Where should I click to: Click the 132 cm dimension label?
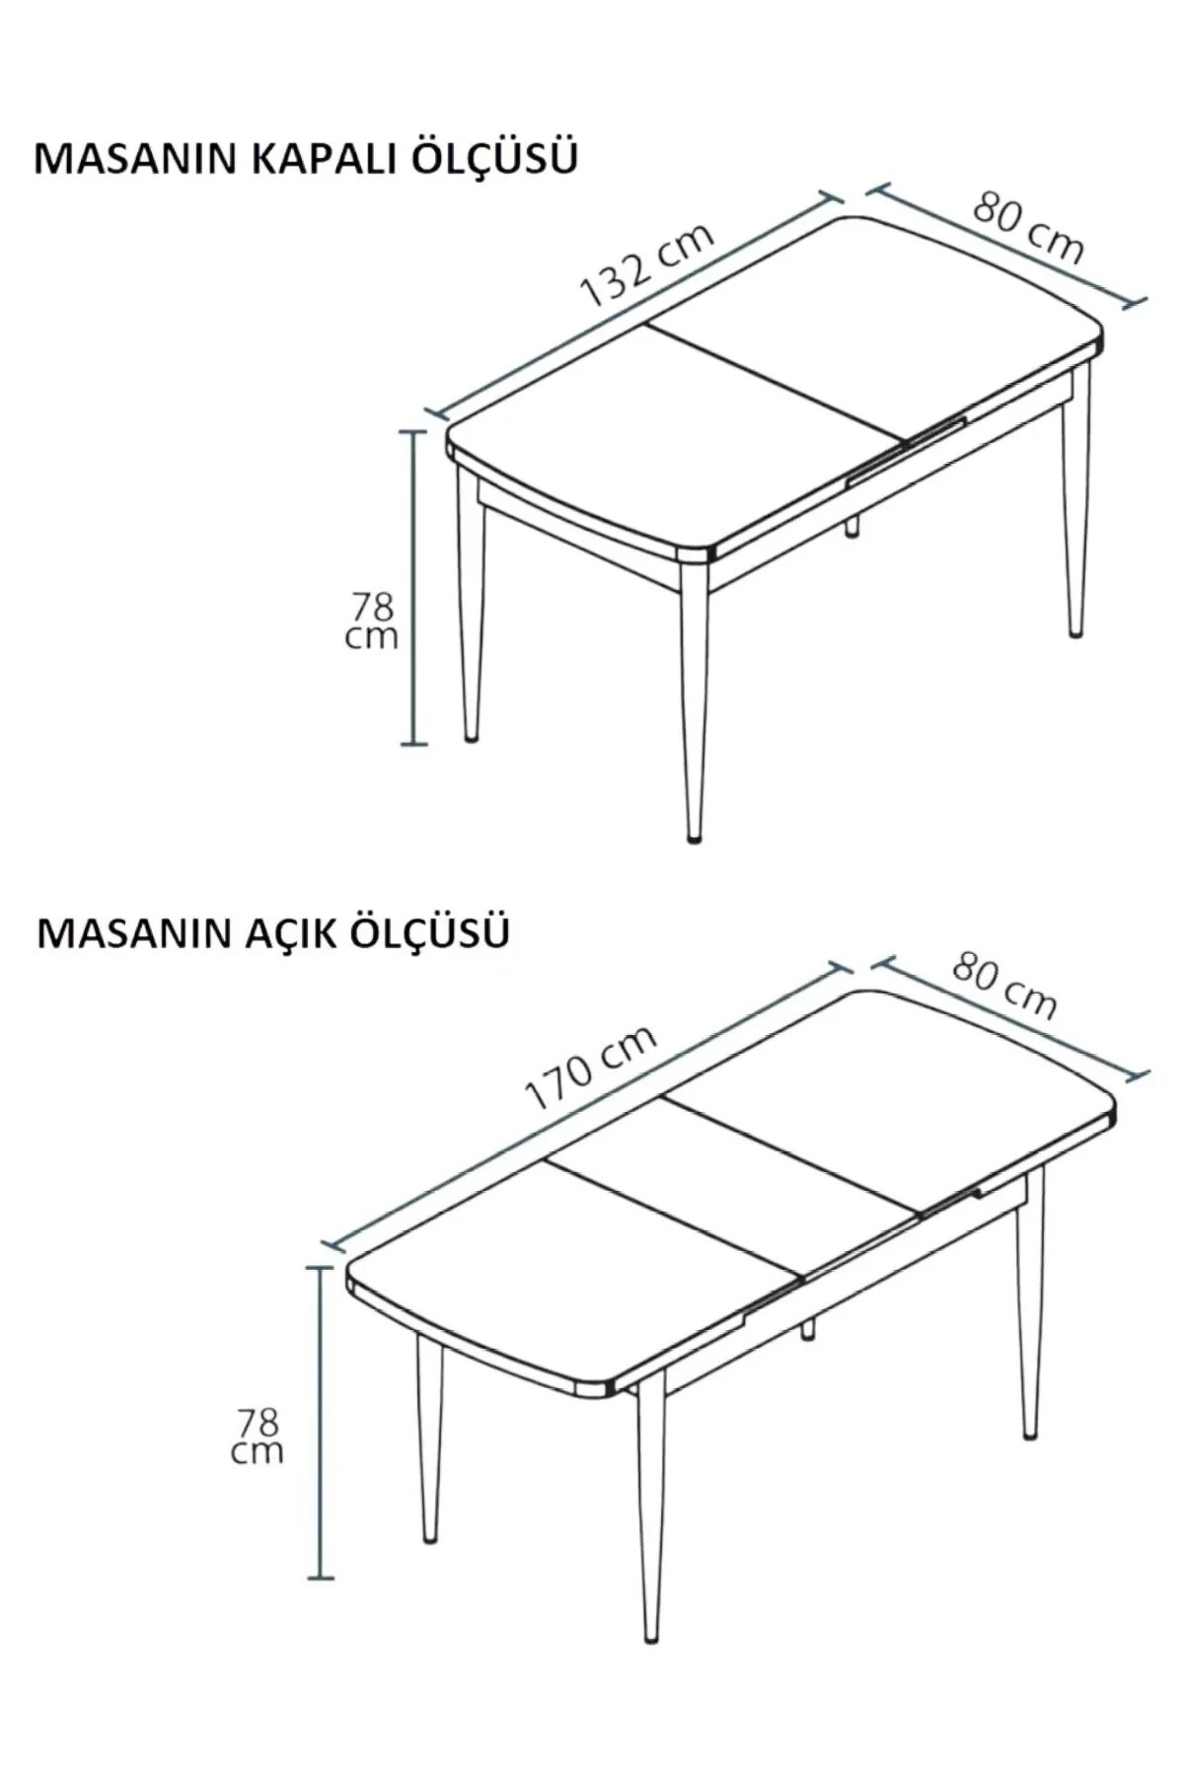click(x=645, y=266)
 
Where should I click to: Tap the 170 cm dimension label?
click(x=590, y=1068)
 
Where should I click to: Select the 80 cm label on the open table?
click(x=1004, y=985)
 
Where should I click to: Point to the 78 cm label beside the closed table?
click(x=372, y=621)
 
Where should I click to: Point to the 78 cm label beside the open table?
click(x=258, y=1436)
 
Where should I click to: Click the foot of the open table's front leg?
click(x=650, y=1637)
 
